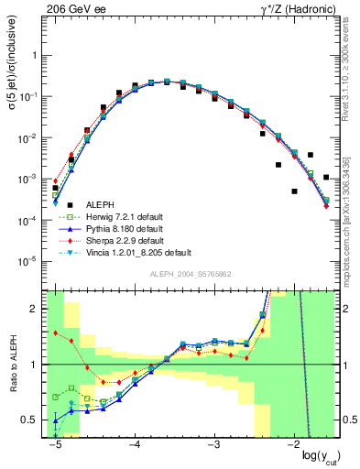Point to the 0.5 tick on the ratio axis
[x=34, y=420]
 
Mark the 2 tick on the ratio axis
[x=37, y=309]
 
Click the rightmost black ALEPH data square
[x=327, y=177]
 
